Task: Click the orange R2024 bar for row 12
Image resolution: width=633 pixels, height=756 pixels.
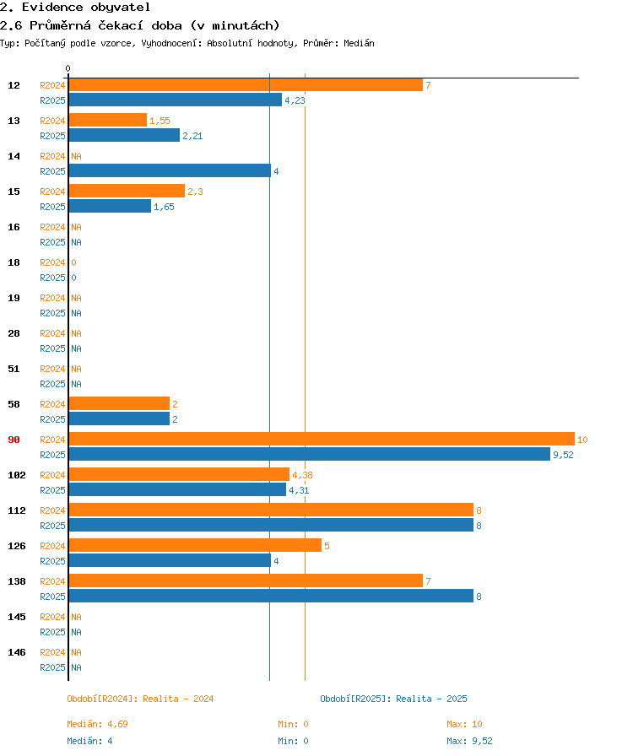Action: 246,85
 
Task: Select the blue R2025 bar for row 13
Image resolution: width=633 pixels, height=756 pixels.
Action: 124,136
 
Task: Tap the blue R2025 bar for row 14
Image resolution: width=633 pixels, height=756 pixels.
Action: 170,170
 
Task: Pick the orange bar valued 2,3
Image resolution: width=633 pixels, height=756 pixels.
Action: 127,191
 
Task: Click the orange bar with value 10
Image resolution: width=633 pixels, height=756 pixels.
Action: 322,439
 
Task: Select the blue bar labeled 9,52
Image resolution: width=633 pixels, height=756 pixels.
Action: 310,454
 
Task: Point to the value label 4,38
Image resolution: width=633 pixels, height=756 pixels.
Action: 302,475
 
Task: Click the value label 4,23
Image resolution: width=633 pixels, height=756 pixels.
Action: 295,100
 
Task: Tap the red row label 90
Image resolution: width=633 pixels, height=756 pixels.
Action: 14,440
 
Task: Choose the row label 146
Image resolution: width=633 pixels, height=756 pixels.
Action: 17,652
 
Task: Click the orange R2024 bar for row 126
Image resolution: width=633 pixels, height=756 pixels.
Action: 196,545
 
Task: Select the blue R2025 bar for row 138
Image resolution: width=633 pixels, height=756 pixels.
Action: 272,596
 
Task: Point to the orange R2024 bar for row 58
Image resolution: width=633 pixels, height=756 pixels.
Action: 120,403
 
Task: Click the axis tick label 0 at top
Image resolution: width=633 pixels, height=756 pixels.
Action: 68,68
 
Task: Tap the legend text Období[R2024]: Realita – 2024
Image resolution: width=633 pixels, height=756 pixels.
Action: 140,699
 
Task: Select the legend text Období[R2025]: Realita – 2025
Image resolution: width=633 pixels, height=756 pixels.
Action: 393,699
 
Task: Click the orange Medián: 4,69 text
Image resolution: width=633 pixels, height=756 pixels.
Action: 97,724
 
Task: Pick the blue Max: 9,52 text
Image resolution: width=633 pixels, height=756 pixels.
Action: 469,741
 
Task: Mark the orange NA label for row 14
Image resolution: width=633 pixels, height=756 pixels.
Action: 76,156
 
